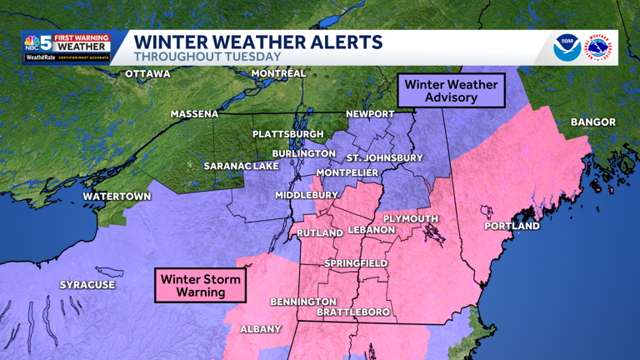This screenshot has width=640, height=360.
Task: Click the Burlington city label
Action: [x=303, y=153]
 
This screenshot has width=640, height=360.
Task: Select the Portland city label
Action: [x=512, y=226]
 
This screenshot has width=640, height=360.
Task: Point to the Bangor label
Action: [x=592, y=122]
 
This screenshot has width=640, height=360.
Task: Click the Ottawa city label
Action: [x=147, y=74]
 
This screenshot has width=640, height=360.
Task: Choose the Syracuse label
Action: [x=87, y=285]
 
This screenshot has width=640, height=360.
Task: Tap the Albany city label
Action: [x=261, y=329]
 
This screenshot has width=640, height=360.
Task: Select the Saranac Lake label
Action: [x=242, y=166]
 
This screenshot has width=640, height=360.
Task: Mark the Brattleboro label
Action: [x=353, y=312]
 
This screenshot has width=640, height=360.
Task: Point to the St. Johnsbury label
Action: [x=384, y=157]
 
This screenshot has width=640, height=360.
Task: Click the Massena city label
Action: [x=194, y=114]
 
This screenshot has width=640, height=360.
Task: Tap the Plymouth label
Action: [x=410, y=218]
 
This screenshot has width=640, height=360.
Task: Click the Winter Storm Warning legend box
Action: [x=201, y=285]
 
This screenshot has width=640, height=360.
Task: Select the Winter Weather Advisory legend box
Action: [x=451, y=91]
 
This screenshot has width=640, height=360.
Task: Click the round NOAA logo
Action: [x=567, y=48]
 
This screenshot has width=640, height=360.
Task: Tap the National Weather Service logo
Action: [x=598, y=48]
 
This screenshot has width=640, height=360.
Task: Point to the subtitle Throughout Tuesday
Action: [x=207, y=57]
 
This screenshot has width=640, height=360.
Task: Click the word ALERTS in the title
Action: [x=341, y=42]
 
